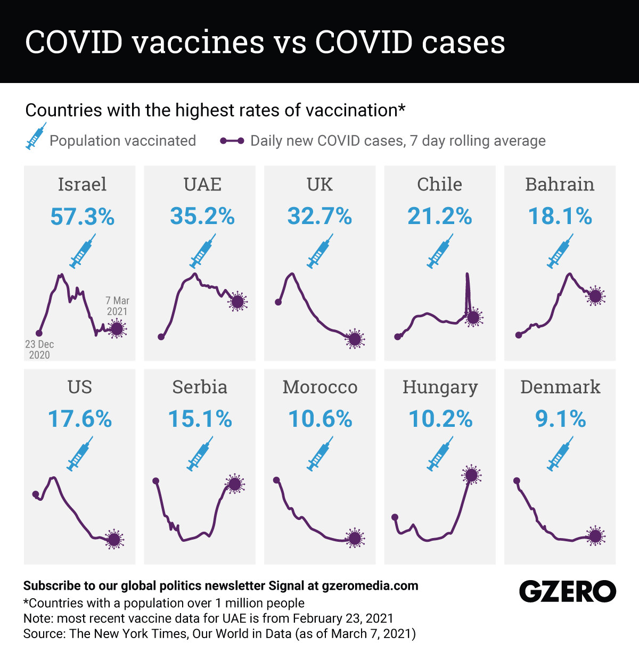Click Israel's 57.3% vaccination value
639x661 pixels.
(82, 217)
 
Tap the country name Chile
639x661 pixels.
(439, 184)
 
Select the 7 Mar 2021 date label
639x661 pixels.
(117, 306)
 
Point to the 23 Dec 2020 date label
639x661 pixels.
(39, 350)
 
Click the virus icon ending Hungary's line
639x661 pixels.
(471, 475)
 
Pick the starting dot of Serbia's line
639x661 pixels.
(156, 481)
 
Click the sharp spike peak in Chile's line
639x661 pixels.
(467, 275)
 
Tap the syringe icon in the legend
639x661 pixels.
(36, 136)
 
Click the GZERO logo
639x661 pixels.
(568, 591)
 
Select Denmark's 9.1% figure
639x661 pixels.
(560, 419)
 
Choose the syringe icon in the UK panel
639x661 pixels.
(319, 253)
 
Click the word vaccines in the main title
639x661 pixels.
(198, 42)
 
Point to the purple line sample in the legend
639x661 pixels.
(232, 141)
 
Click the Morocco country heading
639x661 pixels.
(319, 387)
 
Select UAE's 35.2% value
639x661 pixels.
(202, 217)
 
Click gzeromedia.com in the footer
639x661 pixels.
(370, 586)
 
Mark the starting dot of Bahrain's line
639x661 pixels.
(518, 335)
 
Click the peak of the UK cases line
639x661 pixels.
(292, 274)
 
